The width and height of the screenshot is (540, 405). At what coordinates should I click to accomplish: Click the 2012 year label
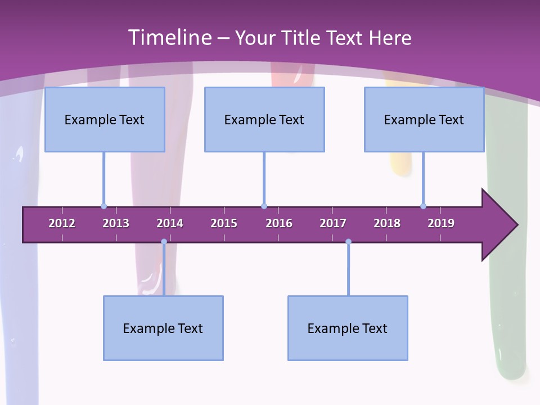(x=62, y=223)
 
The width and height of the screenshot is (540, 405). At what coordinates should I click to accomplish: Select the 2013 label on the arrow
(x=116, y=223)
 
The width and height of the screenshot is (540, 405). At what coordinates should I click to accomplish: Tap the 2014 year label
(x=170, y=223)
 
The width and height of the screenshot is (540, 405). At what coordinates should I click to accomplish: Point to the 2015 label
(x=224, y=223)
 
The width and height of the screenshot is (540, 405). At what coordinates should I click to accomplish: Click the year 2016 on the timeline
(x=279, y=223)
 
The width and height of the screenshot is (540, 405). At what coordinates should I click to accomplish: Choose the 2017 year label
(x=333, y=223)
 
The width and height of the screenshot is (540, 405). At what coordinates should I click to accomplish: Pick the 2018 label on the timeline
(x=387, y=223)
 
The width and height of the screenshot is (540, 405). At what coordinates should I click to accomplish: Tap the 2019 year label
(x=441, y=223)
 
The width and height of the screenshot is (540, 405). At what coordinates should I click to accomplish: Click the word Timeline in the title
(x=169, y=38)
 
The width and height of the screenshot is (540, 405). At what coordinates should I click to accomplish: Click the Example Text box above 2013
(x=105, y=119)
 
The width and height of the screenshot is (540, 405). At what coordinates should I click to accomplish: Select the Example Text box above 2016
(x=264, y=119)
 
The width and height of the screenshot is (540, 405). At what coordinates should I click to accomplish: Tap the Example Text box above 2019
(x=424, y=119)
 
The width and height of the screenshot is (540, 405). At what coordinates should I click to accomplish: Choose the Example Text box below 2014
(x=163, y=328)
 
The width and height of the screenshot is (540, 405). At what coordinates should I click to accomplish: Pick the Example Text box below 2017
(x=348, y=328)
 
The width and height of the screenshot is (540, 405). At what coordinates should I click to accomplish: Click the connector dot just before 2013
(x=103, y=206)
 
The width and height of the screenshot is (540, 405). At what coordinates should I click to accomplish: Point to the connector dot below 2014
(x=164, y=242)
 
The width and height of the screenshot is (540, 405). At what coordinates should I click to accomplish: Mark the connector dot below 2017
(x=348, y=242)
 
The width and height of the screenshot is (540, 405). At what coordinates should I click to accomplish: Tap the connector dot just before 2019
(x=423, y=206)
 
